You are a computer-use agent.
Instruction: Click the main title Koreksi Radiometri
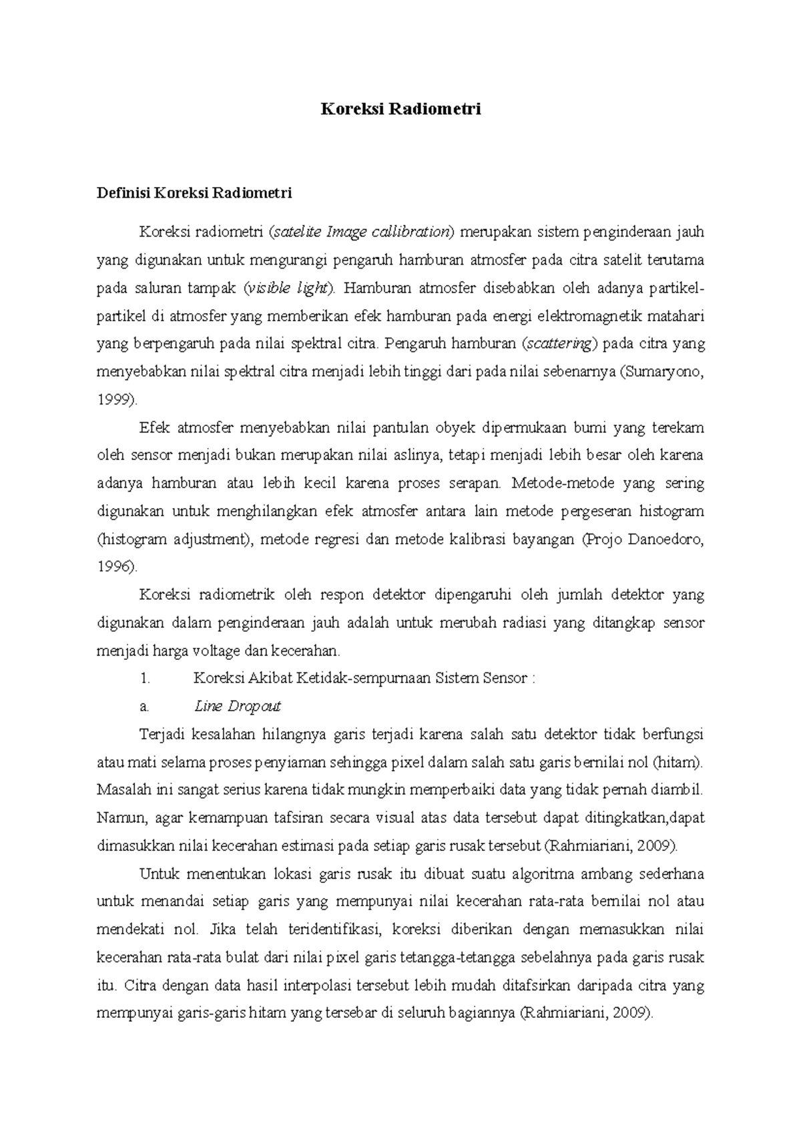pos(400,110)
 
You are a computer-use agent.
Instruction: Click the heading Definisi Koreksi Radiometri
pos(194,194)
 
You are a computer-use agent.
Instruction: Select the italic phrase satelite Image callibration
pos(362,232)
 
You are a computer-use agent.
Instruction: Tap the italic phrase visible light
pos(288,289)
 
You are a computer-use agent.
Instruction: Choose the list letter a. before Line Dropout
pos(144,706)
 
